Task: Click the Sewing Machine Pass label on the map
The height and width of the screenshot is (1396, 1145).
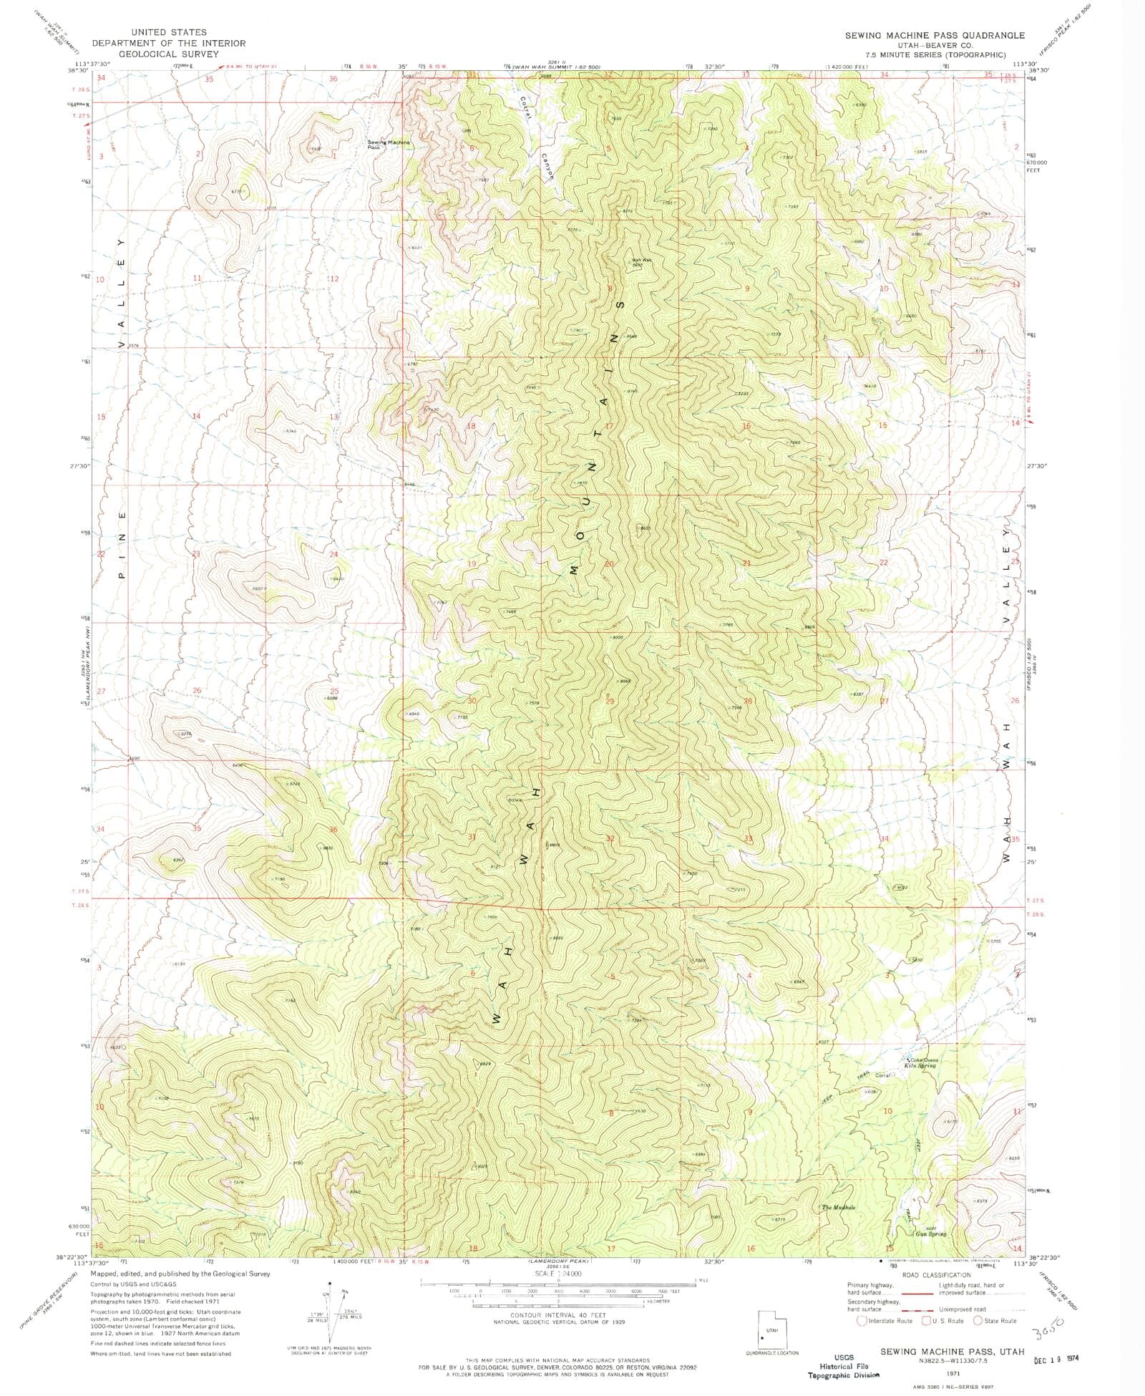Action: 389,144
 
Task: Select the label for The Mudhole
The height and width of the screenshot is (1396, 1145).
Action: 839,1207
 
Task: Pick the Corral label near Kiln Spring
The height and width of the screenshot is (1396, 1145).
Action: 882,1075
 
